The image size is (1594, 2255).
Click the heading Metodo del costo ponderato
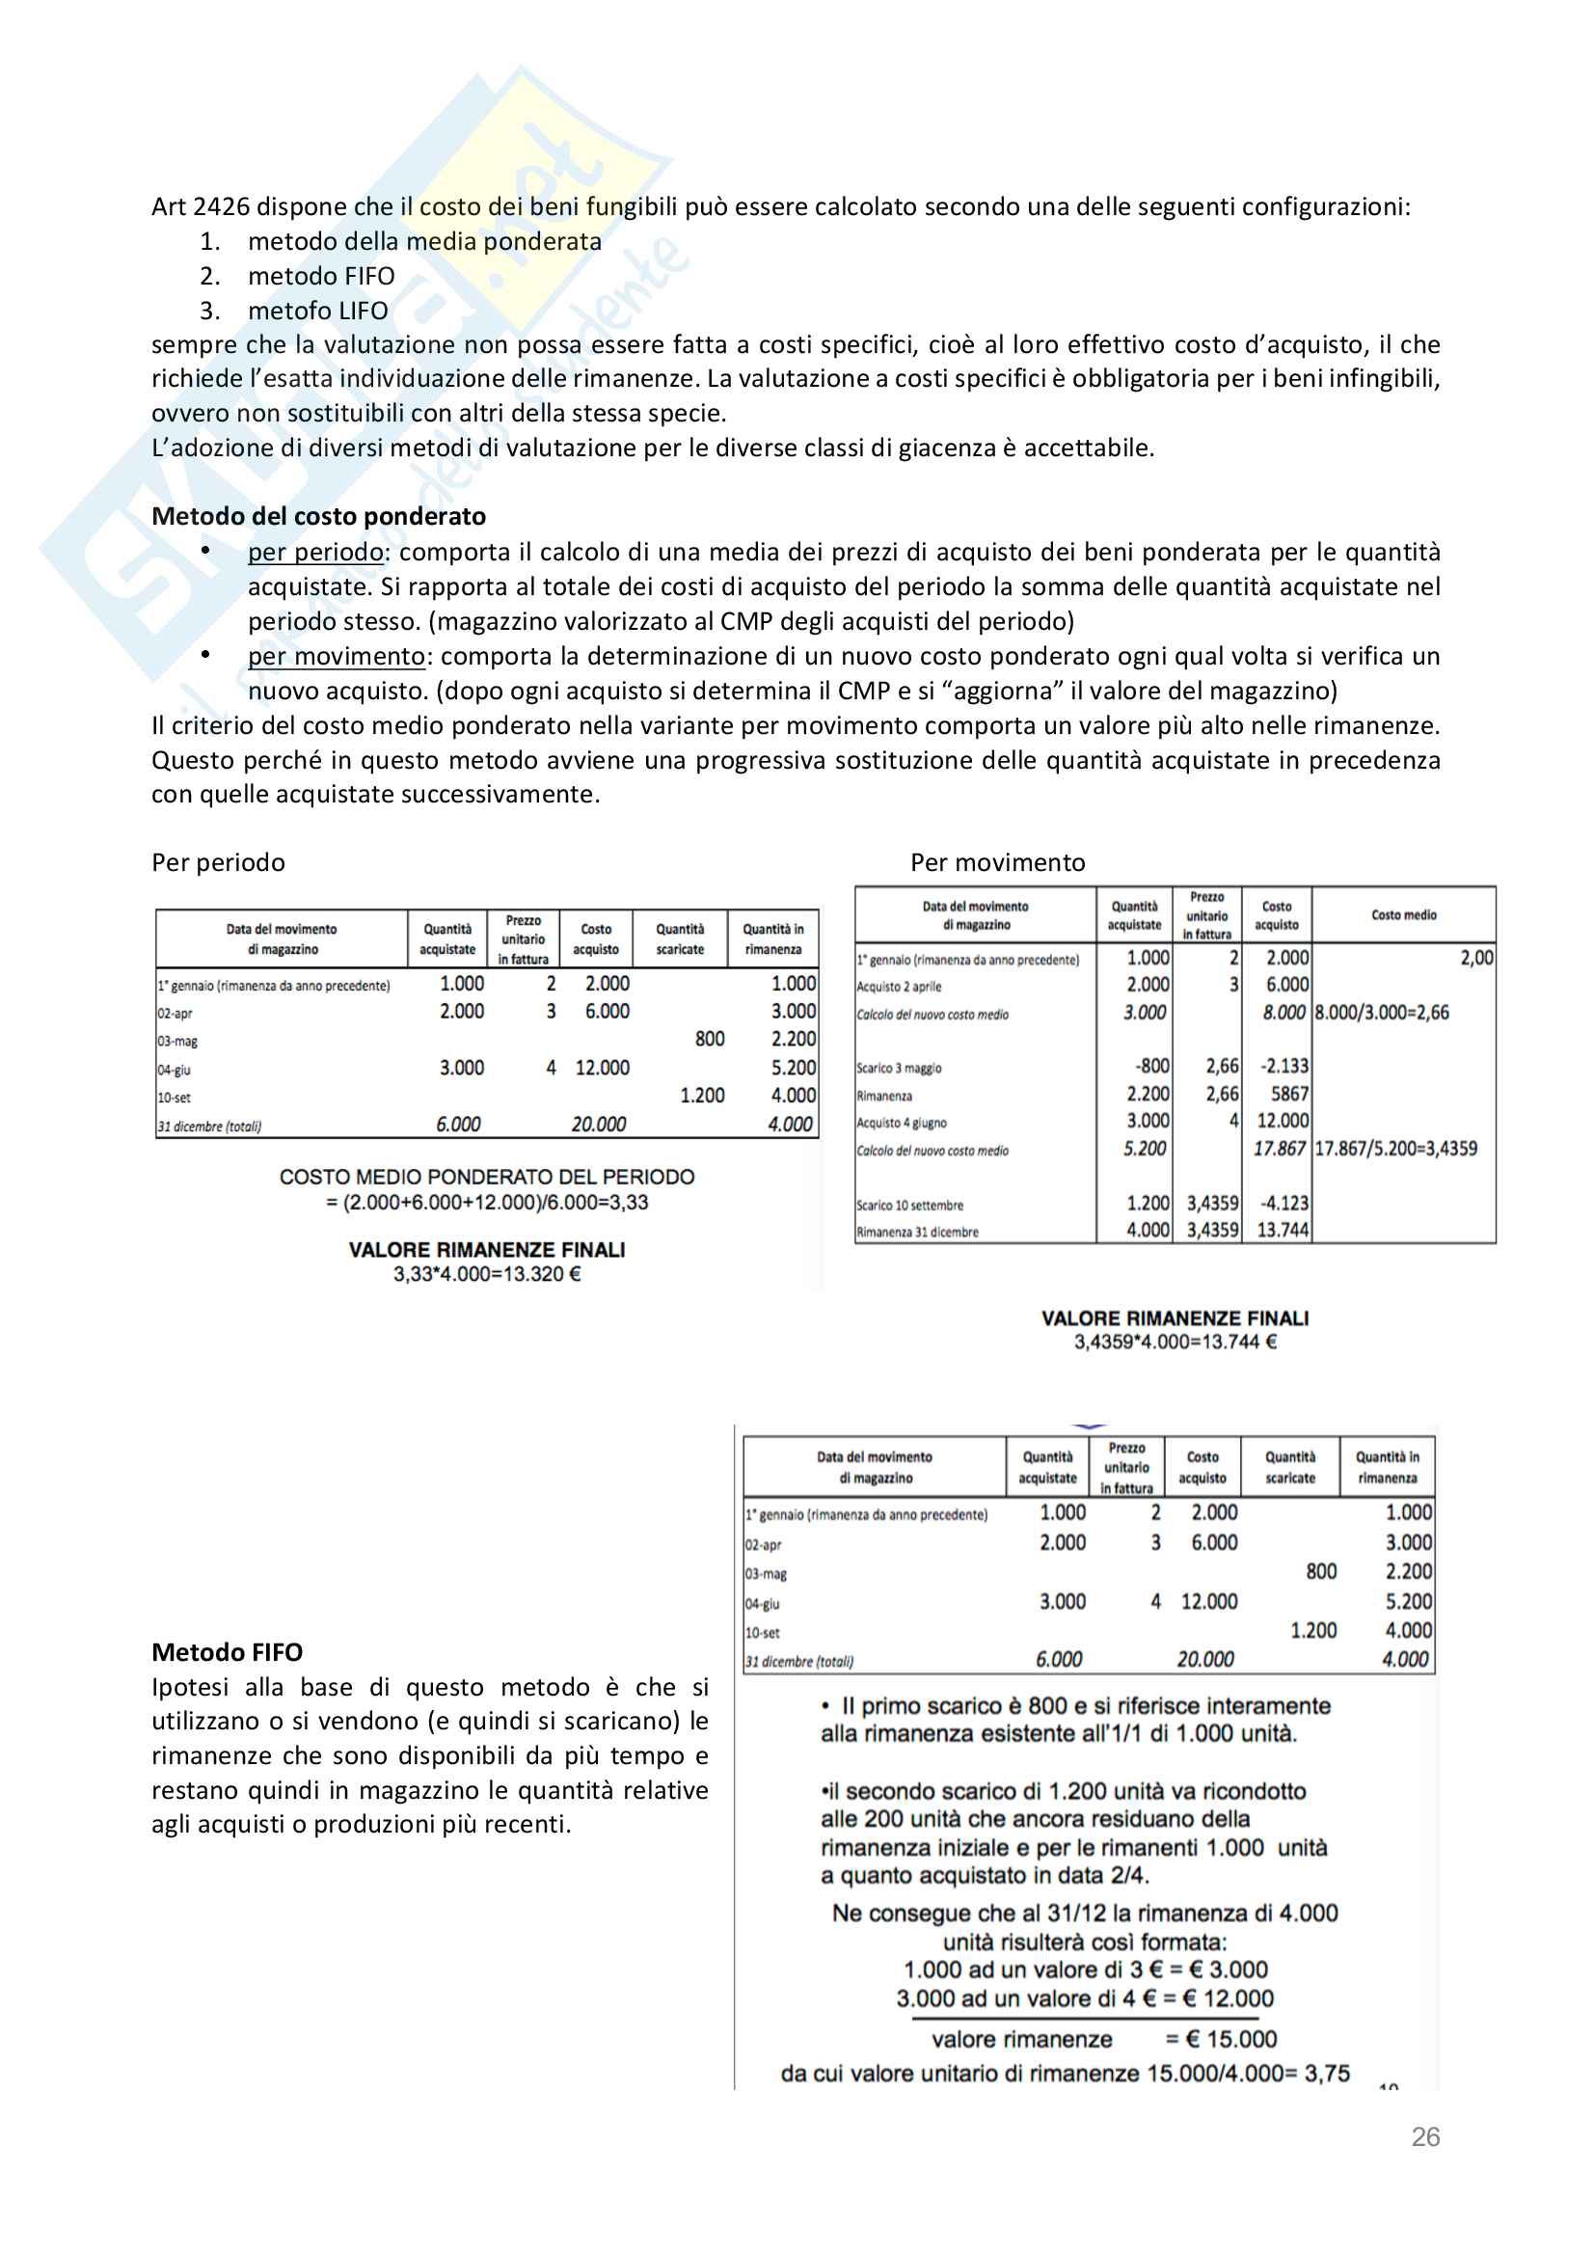318,516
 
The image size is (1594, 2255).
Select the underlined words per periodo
314,552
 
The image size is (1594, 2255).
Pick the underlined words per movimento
336,656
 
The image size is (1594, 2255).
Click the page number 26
1425,2136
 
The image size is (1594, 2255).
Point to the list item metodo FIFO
321,276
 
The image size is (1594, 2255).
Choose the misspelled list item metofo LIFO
317,311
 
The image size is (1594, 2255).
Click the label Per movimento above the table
997,862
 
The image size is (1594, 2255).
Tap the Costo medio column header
1403,915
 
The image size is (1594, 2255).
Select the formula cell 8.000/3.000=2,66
1382,1013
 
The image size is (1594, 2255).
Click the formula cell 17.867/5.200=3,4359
1395,1148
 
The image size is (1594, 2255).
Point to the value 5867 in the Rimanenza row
1289,1093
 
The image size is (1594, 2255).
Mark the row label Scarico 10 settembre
909,1205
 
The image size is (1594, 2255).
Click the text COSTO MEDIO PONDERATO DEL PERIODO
486,1177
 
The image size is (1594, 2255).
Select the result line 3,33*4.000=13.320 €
487,1274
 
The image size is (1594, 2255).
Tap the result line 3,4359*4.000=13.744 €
1175,1342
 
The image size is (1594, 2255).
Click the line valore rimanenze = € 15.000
1104,2039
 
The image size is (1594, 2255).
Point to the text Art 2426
201,206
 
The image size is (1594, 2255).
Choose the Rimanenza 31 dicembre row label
917,1232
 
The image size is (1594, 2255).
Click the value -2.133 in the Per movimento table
1284,1066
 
